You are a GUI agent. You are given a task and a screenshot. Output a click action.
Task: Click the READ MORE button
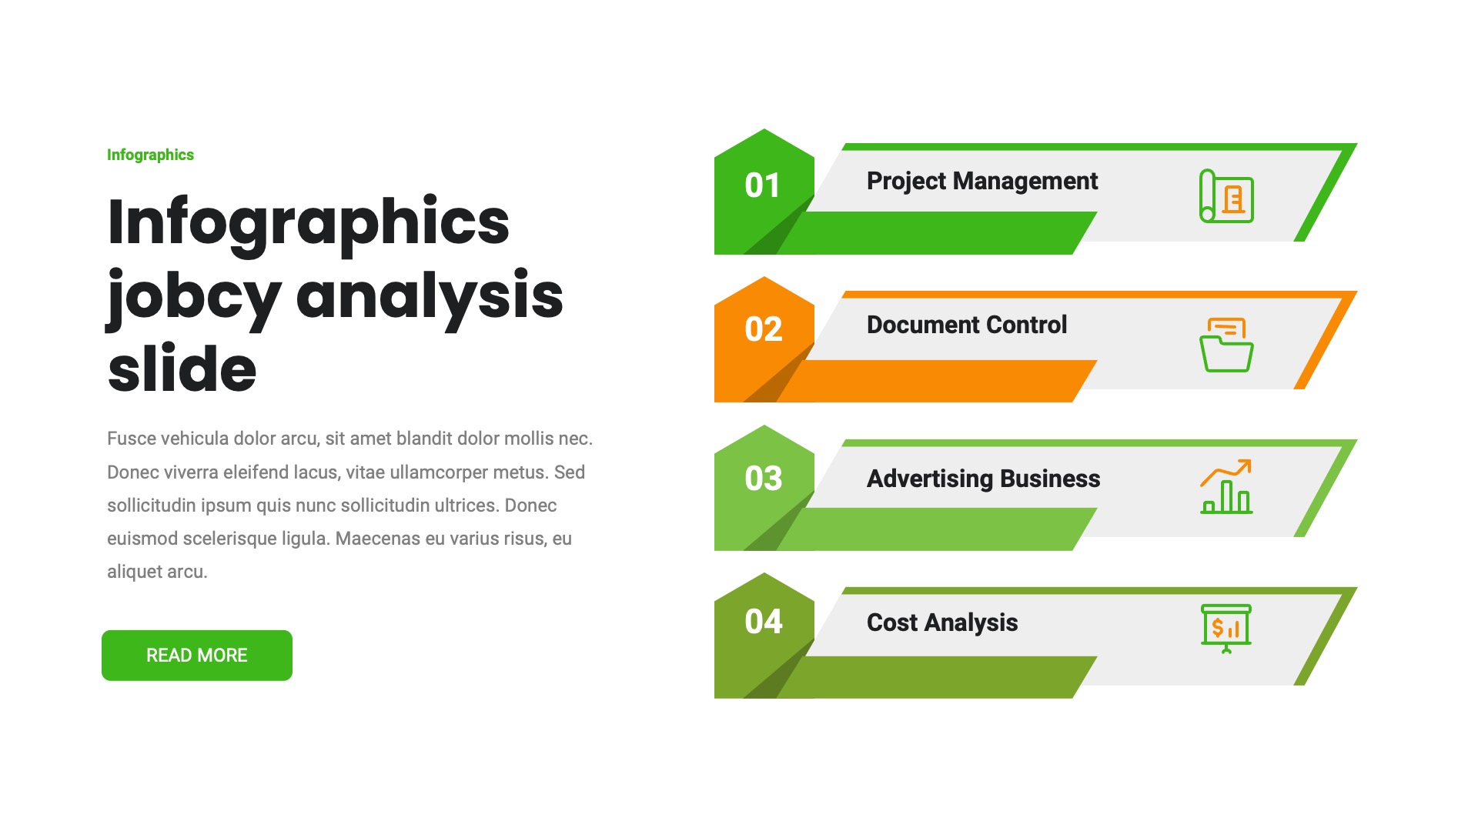196,656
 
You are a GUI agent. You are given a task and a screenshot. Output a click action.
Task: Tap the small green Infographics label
150,155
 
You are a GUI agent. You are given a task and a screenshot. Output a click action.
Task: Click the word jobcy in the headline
194,297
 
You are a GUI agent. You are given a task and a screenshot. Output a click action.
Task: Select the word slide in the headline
182,369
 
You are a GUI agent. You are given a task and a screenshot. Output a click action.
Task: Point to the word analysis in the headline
430,297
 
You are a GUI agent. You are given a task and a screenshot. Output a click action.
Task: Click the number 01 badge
763,185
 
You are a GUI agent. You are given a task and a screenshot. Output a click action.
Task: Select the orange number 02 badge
763,329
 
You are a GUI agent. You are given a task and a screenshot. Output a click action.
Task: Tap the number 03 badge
763,479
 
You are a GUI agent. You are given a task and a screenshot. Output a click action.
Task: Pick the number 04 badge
763,622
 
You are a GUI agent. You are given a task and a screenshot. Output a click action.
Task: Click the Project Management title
981,181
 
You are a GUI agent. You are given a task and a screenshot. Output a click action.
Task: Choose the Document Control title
966,325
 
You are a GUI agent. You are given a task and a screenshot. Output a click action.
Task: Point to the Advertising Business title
983,479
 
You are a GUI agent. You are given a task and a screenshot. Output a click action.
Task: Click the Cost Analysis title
941,622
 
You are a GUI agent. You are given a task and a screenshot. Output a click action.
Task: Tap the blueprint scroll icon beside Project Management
1226,196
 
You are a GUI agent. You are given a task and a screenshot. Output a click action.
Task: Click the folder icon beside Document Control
1226,345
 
